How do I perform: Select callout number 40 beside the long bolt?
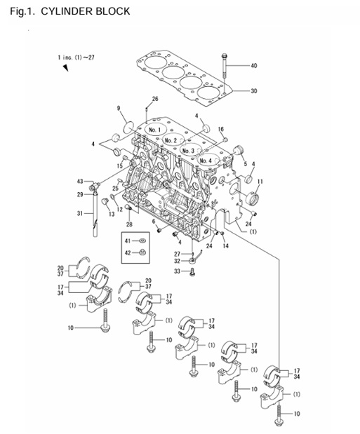pos(254,66)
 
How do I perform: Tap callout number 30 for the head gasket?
pos(254,91)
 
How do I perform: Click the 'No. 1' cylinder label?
pos(155,130)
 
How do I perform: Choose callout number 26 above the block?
pos(155,98)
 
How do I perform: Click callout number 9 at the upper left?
pos(119,108)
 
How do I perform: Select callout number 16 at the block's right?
pos(221,130)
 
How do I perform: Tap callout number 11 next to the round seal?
pos(260,182)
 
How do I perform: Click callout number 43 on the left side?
pos(80,182)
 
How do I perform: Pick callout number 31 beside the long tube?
pos(79,213)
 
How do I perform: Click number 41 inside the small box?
pos(128,240)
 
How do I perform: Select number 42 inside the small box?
pos(128,252)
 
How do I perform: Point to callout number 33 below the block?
pos(177,271)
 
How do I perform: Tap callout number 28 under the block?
pos(129,224)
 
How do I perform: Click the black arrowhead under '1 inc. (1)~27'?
pos(65,68)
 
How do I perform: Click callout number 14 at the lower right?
pos(225,246)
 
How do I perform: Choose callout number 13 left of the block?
pos(112,213)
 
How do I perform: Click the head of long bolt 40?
pos(223,55)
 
